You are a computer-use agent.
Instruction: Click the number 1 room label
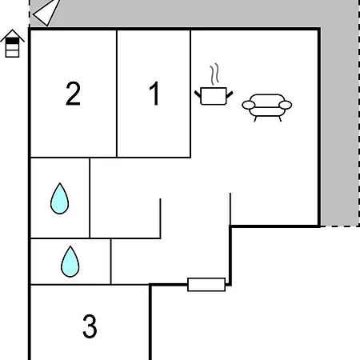(x=154, y=94)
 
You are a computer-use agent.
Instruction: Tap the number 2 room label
(x=73, y=94)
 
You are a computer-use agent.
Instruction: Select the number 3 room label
(x=90, y=326)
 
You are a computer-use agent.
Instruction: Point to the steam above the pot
(x=214, y=74)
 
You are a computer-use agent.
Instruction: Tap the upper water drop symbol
(x=59, y=198)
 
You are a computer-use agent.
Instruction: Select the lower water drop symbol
(x=70, y=262)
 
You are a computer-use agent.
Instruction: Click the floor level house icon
(x=12, y=43)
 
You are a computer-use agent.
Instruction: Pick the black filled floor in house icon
(x=12, y=41)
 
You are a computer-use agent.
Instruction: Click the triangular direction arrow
(x=46, y=13)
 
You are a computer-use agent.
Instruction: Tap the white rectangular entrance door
(x=206, y=285)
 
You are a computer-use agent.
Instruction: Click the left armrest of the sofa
(x=249, y=105)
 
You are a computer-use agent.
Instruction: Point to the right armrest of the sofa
(x=286, y=105)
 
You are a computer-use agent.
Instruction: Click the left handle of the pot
(x=198, y=94)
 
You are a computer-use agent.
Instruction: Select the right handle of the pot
(x=230, y=94)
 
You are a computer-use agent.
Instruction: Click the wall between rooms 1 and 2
(x=117, y=94)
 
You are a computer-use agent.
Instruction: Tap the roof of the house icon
(x=12, y=35)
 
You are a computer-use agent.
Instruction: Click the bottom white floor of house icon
(x=12, y=54)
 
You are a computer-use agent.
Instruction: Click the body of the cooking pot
(x=214, y=96)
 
